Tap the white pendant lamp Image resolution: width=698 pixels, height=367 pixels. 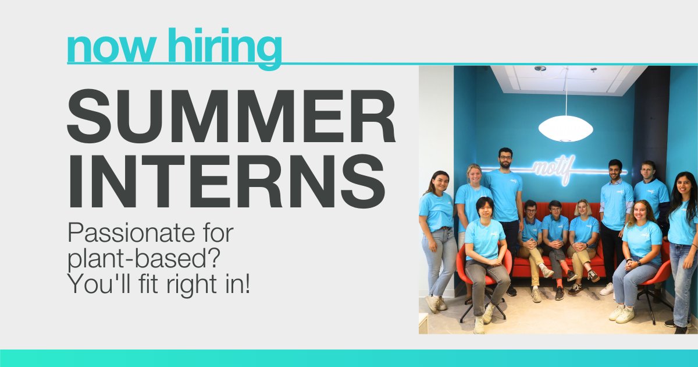(x=565, y=128)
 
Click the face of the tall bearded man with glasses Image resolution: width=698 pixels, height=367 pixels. (x=505, y=158)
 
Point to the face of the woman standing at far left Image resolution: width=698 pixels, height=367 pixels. (x=440, y=182)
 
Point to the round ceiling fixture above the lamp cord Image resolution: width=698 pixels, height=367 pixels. (x=540, y=69)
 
